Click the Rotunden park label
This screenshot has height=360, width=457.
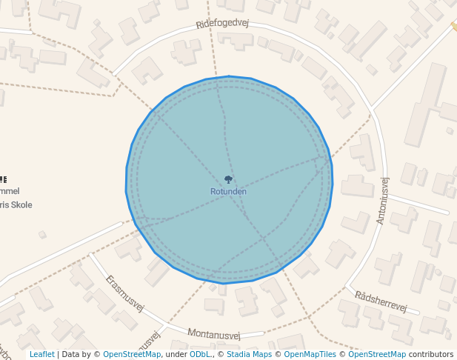[x=228, y=192]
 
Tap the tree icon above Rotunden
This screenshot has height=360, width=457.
[x=228, y=179]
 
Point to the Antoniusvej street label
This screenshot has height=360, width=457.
[x=382, y=201]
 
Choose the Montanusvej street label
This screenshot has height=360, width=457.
[x=214, y=334]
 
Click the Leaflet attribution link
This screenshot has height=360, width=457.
[x=41, y=354]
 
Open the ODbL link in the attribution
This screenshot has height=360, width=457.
[x=199, y=354]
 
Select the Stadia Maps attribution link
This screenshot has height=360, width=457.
[x=248, y=354]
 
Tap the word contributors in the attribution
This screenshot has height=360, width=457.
[x=431, y=354]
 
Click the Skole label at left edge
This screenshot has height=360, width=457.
[x=16, y=204]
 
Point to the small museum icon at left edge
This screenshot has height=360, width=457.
[x=3, y=179]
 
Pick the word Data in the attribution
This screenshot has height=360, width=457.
[x=70, y=354]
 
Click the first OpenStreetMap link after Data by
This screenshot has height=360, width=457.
[x=132, y=354]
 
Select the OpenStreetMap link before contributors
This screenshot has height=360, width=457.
[x=377, y=354]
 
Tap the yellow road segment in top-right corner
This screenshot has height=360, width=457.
[x=453, y=26]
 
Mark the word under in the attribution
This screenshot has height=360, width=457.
[x=176, y=354]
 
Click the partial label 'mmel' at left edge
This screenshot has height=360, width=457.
[x=10, y=191]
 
